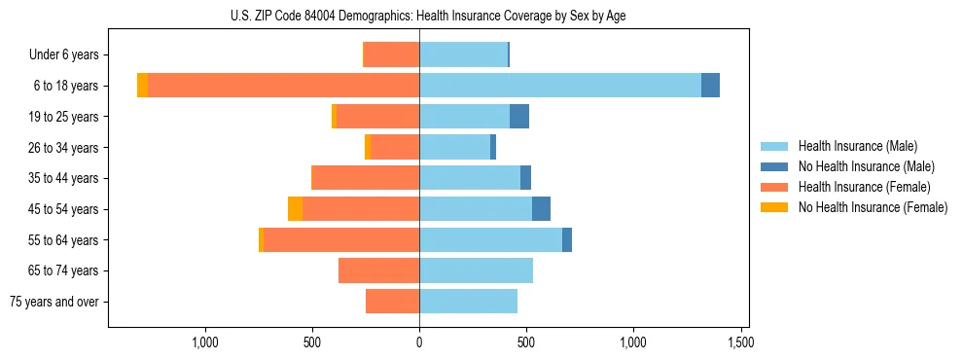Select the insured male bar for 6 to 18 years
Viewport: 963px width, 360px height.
tap(559, 86)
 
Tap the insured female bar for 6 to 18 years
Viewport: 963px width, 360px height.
tap(283, 86)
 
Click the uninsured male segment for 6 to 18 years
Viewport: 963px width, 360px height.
tap(710, 86)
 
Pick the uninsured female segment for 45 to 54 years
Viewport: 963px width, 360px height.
tap(295, 209)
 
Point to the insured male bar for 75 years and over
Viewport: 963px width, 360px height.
tap(468, 302)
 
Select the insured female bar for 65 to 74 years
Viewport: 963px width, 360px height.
tap(378, 270)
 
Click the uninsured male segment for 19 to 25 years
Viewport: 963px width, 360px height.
tap(519, 117)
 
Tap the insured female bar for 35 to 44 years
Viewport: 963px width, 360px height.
tap(365, 178)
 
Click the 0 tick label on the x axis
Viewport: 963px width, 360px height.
tap(419, 342)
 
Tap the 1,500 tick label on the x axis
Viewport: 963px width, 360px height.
tap(740, 342)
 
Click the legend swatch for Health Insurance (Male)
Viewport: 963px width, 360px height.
tap(774, 146)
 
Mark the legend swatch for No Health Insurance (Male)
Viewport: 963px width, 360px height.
tap(774, 166)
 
